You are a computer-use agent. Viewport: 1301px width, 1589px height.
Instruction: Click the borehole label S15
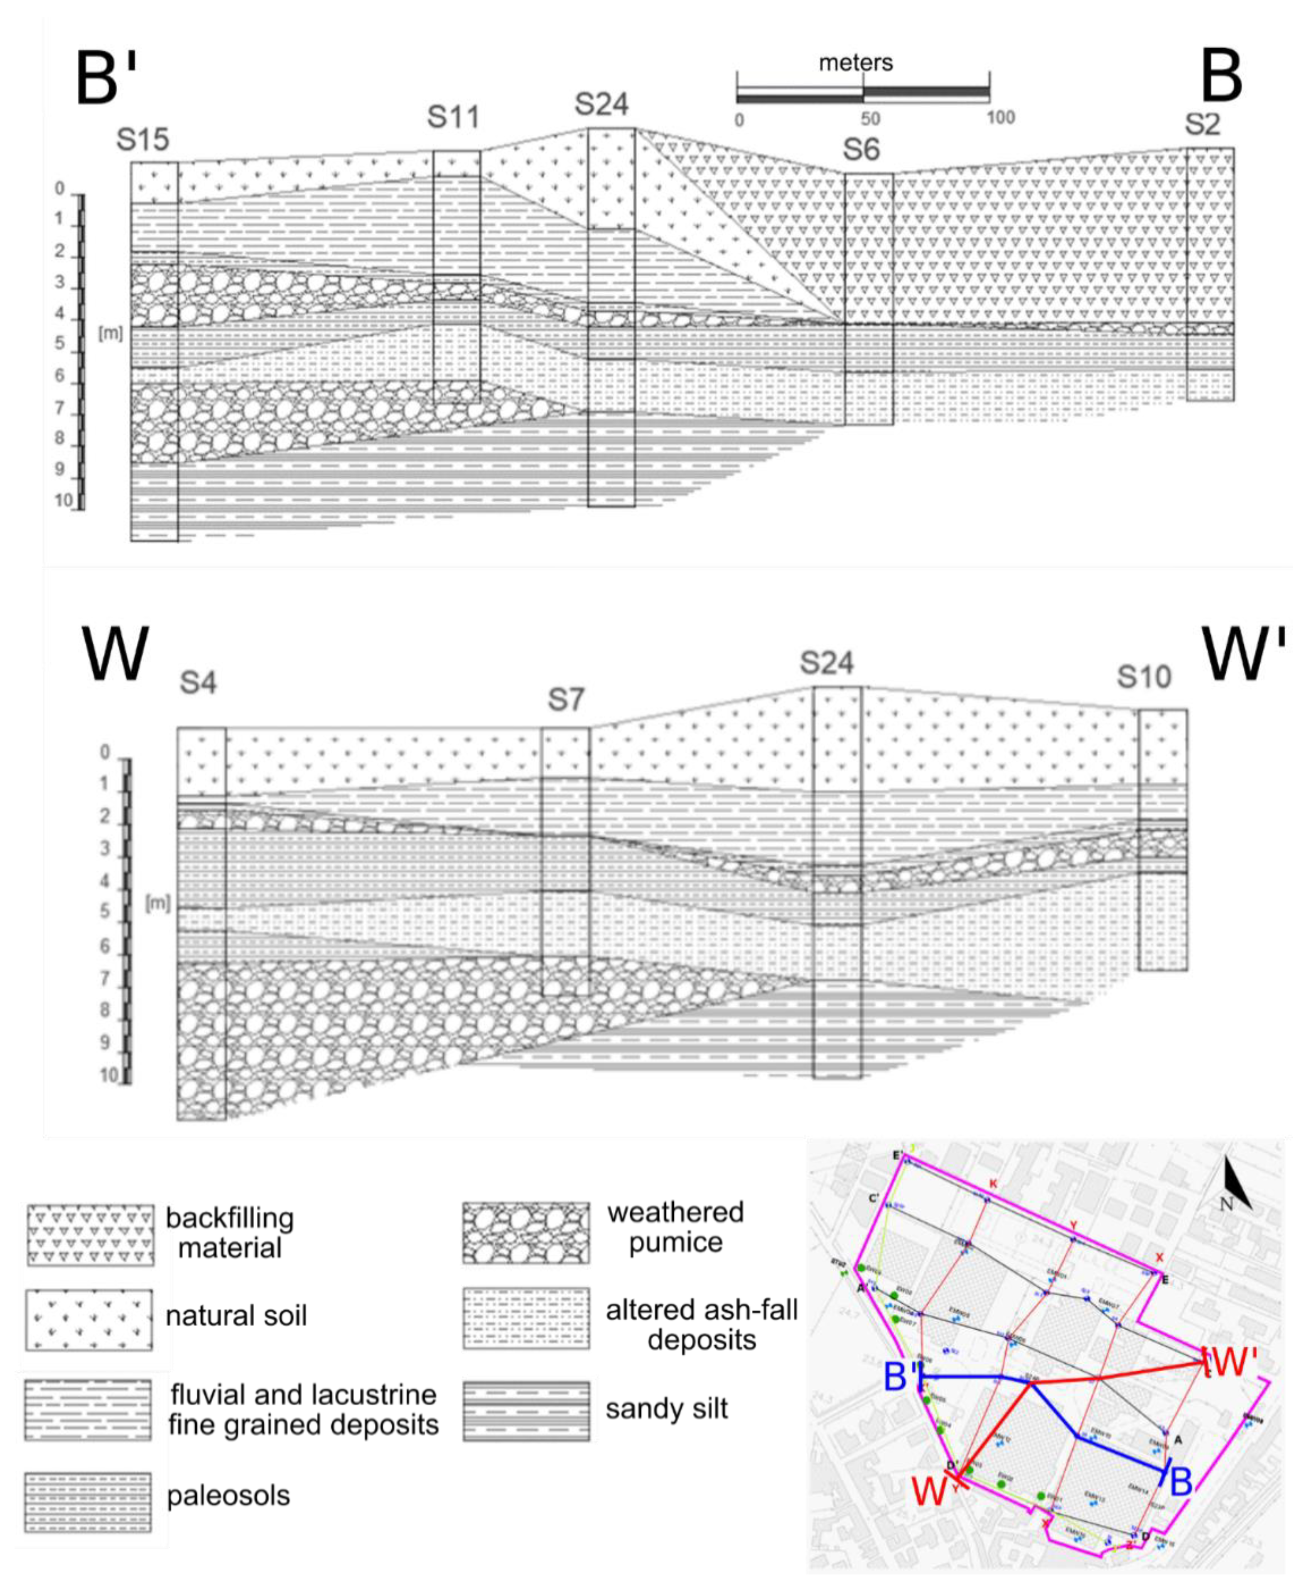pyautogui.click(x=142, y=140)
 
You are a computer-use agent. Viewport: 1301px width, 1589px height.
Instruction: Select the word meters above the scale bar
pyautogui.click(x=855, y=63)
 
